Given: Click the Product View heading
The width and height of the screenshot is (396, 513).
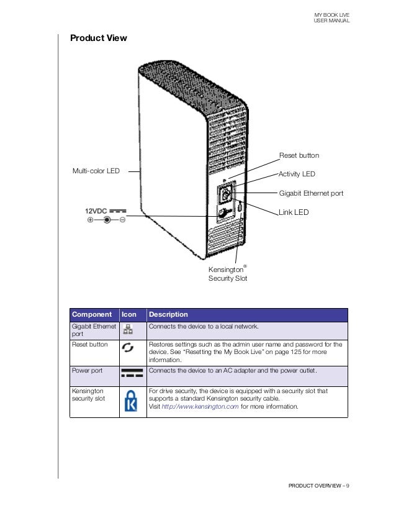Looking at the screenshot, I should click(98, 39).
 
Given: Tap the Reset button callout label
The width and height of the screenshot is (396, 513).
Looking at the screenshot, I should click(299, 155).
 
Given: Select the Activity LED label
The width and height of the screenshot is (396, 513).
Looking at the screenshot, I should click(297, 174).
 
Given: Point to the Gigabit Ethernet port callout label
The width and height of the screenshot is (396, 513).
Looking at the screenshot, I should click(311, 194).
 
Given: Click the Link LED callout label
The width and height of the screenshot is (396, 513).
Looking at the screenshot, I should click(294, 212).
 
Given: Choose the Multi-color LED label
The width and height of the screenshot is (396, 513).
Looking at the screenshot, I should click(96, 170).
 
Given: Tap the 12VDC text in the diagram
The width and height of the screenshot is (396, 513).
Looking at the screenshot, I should click(96, 211).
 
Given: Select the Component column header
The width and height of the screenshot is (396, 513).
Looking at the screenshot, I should click(91, 315).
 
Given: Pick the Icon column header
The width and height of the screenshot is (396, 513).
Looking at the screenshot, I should click(128, 315).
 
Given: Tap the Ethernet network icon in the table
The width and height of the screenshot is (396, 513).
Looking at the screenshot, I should click(129, 329).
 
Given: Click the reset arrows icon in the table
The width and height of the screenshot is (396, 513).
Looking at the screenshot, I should click(128, 348).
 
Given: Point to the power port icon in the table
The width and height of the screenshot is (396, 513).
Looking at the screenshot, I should click(132, 373).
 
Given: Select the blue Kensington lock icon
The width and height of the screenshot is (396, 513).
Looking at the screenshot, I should click(131, 401).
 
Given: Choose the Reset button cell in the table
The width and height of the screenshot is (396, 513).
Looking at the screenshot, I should click(90, 344).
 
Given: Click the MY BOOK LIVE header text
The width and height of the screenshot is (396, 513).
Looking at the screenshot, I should click(333, 14).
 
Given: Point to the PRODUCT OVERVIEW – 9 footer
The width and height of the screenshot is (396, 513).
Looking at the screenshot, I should click(318, 485).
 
